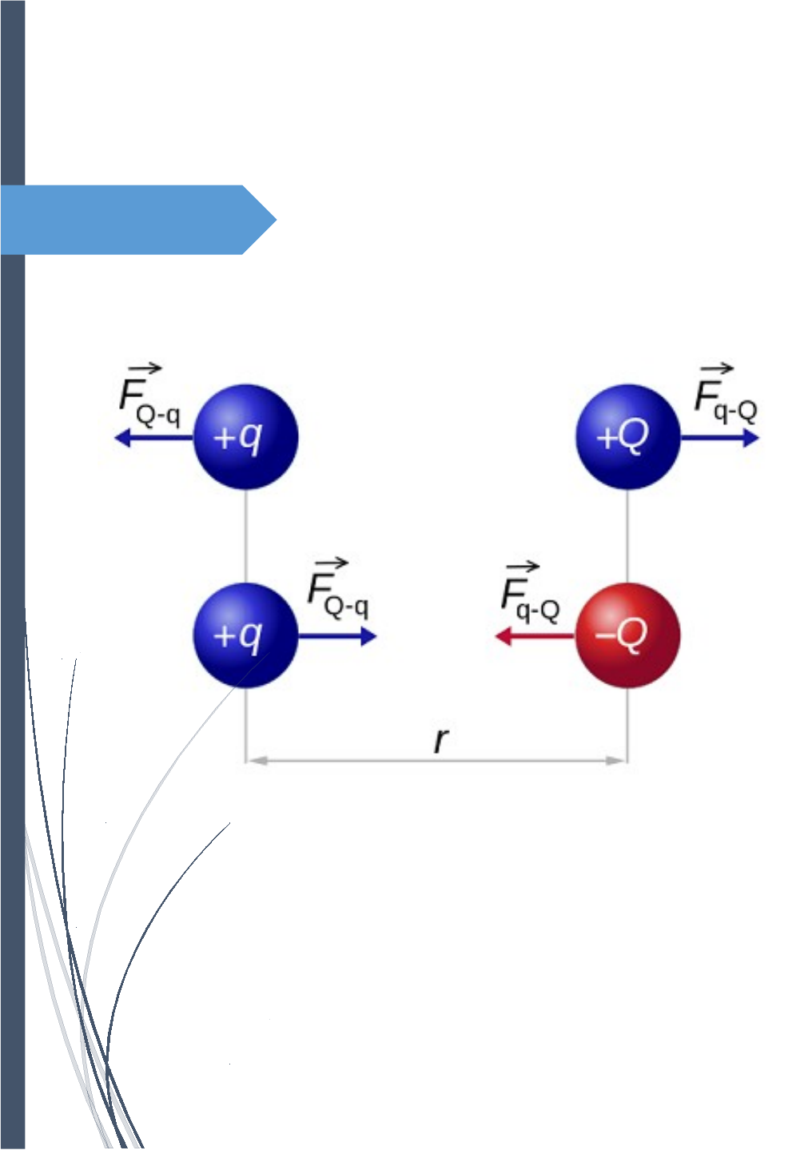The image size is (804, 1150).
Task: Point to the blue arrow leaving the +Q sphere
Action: [719, 438]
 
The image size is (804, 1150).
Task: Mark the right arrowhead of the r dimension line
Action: [617, 761]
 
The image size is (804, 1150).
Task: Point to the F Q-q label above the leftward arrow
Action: [149, 397]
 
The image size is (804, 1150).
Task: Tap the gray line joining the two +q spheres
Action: [246, 535]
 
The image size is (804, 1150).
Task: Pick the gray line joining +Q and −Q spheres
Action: [627, 535]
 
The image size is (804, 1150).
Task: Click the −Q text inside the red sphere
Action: [621, 635]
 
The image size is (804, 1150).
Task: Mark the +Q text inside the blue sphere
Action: [623, 436]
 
